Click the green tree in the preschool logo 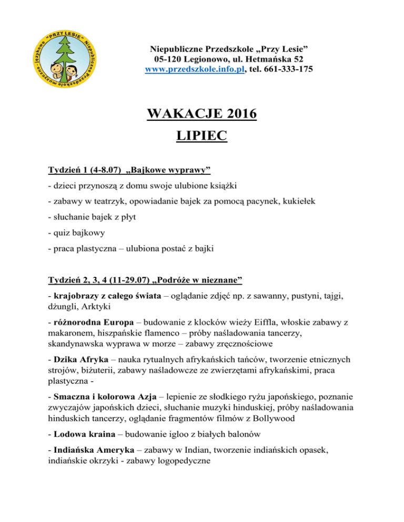coord(66,58)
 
